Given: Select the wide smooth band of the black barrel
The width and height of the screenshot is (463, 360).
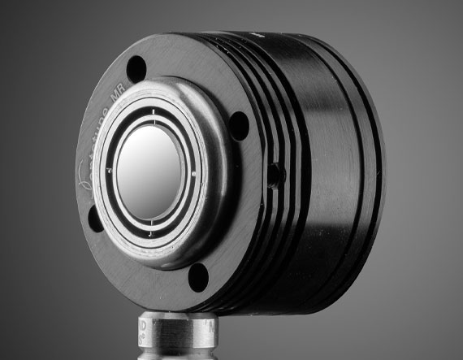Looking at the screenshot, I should tap(325, 163).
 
